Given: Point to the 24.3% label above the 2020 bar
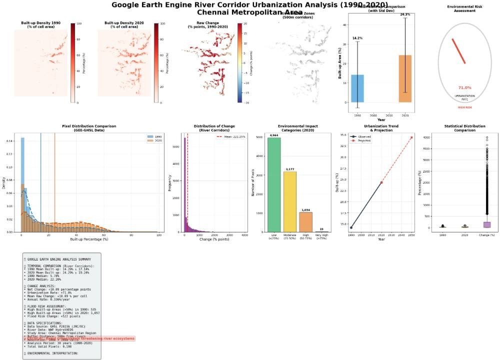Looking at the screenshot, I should coord(405,14).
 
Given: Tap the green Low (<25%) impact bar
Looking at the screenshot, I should coord(274,185).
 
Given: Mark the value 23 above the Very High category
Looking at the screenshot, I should coord(321,229).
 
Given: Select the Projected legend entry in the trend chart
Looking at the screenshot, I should coord(364,141).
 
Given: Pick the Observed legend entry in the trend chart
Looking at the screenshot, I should coord(364,136).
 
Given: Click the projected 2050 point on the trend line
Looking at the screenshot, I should coord(411,137).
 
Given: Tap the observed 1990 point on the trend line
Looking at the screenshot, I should coord(351,227).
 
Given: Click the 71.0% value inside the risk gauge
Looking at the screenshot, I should coord(464,87).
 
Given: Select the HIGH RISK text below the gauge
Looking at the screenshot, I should coord(464,107).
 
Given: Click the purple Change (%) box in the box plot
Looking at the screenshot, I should coord(484,224).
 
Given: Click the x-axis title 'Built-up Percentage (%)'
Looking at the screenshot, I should coord(90,240).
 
